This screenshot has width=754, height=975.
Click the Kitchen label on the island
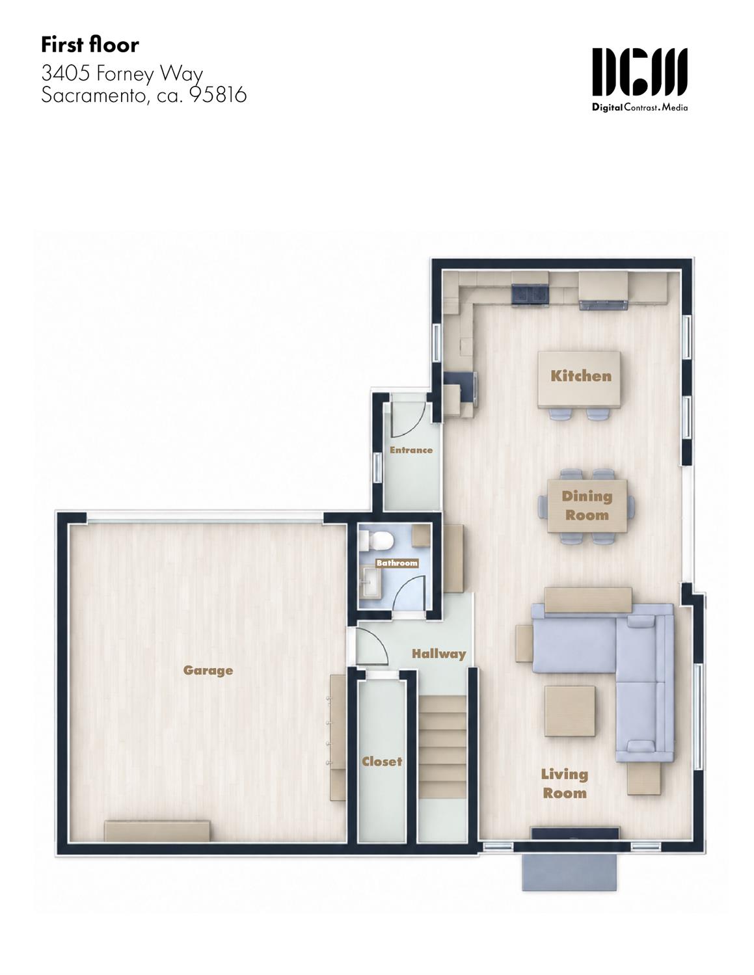click(581, 376)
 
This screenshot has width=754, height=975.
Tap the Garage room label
click(208, 671)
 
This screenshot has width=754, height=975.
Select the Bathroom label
click(397, 563)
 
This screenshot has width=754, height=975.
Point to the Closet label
click(382, 762)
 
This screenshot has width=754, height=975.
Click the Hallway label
click(439, 654)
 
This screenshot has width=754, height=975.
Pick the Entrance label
click(411, 450)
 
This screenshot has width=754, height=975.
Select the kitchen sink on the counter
click(530, 295)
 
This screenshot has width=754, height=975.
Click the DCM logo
click(640, 79)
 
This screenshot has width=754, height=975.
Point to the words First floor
click(90, 45)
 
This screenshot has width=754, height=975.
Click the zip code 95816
click(219, 95)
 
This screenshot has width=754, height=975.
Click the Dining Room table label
click(587, 505)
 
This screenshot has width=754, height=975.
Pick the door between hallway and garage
click(371, 646)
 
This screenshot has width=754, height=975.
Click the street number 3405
click(66, 73)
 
